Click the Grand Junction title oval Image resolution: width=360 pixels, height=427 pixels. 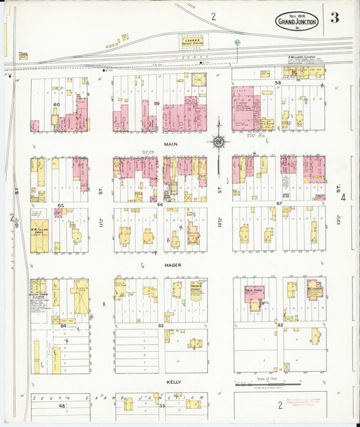tap(296, 22)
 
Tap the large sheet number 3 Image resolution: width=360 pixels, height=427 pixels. tap(335, 18)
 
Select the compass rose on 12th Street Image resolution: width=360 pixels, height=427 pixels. tap(219, 141)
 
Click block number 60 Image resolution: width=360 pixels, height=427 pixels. tap(57, 105)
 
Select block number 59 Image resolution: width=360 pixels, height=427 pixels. tap(156, 103)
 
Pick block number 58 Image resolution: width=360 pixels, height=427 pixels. tap(278, 83)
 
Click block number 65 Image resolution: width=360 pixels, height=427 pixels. tap(60, 205)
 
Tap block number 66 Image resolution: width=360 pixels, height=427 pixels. tap(160, 204)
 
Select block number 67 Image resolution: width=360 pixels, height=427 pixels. tap(278, 203)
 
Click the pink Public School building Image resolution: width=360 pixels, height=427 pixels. tap(254, 295)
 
